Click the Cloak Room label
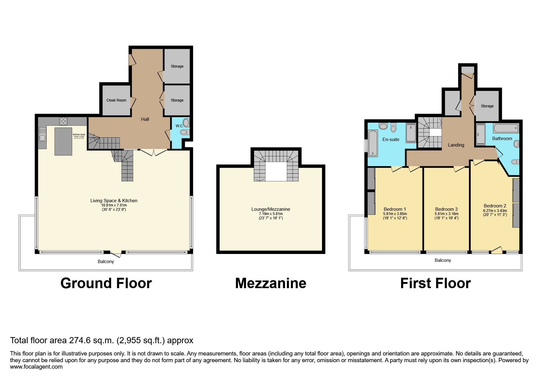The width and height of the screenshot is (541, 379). click(x=116, y=100)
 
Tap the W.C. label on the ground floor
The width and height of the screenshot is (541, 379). click(x=179, y=126)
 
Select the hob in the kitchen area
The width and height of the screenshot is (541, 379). click(x=63, y=121)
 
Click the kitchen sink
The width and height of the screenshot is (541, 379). click(x=42, y=135)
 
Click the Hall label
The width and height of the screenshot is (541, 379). click(x=145, y=119)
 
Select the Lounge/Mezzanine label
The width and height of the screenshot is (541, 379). click(x=270, y=209)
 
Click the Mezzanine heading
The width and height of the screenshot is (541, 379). click(x=270, y=283)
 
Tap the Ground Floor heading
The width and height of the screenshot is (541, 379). click(x=106, y=283)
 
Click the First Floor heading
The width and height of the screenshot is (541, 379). click(x=435, y=283)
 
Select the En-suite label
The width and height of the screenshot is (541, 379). click(x=391, y=139)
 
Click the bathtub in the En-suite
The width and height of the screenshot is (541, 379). click(x=373, y=143)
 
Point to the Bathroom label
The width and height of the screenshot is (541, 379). click(x=502, y=139)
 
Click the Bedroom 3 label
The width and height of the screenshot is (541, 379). click(x=446, y=209)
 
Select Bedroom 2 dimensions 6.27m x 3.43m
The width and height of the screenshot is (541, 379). click(x=495, y=210)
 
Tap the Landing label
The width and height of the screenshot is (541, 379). click(x=456, y=145)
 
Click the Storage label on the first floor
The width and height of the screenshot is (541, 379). click(x=487, y=106)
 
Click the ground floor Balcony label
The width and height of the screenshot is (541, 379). click(x=106, y=262)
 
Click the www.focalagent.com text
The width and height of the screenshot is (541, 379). click(x=36, y=367)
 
